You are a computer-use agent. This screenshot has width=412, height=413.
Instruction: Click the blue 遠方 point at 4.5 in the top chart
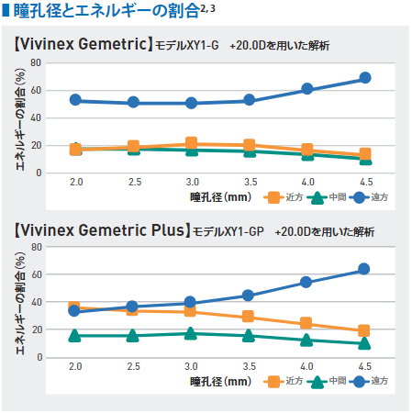[x=364, y=78]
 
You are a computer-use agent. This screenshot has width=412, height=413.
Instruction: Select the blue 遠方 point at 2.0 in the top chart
[x=76, y=100]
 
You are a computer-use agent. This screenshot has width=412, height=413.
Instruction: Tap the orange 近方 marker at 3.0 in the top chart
[x=191, y=143]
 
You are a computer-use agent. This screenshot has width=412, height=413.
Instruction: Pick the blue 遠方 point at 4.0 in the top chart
[x=307, y=89]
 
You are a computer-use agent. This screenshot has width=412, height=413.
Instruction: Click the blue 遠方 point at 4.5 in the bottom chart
[x=364, y=269]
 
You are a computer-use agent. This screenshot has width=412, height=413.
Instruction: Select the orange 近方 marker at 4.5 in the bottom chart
[x=364, y=330]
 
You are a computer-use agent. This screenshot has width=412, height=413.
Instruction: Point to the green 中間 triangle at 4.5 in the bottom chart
[x=364, y=343]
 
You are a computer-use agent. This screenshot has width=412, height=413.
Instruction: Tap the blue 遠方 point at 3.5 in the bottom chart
[x=249, y=296]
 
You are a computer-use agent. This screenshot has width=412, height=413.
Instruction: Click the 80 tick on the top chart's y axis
[x=37, y=62]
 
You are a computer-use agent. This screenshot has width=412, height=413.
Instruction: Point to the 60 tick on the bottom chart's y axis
[x=37, y=274]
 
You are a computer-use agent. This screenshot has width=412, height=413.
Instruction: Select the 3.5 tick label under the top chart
[x=249, y=183]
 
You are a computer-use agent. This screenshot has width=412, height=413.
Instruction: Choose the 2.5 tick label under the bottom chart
[x=133, y=367]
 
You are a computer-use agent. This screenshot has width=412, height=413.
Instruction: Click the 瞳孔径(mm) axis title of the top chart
[x=220, y=196]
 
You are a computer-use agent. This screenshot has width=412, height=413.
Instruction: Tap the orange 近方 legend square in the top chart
[x=273, y=196]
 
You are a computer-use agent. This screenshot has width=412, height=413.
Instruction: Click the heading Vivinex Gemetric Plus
[x=102, y=229]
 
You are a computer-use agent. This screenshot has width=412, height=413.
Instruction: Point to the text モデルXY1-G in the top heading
[x=187, y=45]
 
